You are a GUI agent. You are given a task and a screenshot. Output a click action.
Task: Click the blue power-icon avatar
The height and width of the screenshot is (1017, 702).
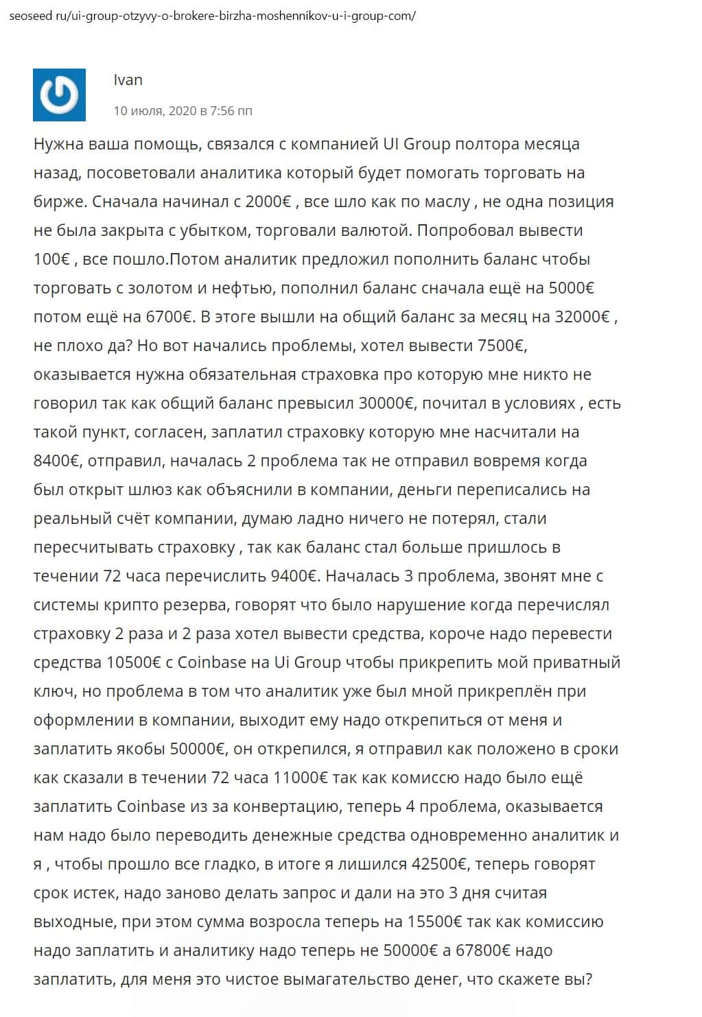[59, 95]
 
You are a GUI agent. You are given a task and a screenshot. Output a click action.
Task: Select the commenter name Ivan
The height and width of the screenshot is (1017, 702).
[128, 80]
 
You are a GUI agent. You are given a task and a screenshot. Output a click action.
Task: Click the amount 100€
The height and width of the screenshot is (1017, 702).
[54, 260]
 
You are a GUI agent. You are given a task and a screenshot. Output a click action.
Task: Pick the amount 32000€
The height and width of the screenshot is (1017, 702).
[581, 318]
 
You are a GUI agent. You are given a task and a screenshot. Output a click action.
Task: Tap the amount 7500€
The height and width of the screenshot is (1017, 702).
[502, 346]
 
